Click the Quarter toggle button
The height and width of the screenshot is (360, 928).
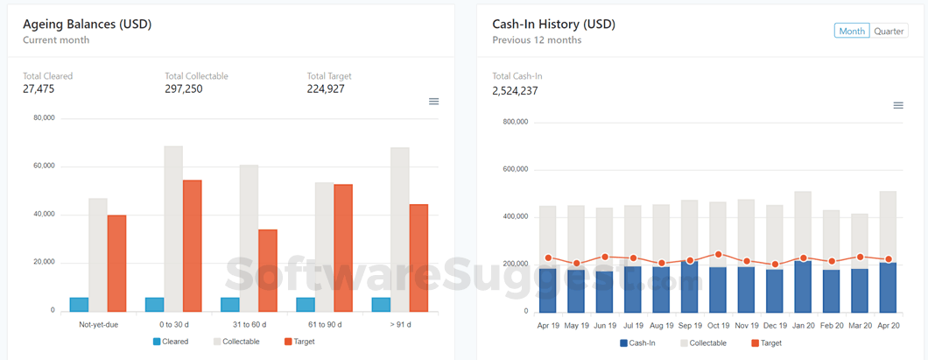point(889,31)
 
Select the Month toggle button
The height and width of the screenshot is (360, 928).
point(852,31)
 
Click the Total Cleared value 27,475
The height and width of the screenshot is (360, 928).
point(39,88)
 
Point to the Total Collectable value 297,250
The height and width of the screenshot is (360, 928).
point(183,88)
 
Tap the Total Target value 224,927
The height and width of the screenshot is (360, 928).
point(327,88)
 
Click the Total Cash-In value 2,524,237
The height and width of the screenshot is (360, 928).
point(515,90)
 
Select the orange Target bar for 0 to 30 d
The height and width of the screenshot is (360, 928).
point(192,245)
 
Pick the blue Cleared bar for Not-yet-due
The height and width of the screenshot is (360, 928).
point(79,304)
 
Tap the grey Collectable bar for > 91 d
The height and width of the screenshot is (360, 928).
point(400,229)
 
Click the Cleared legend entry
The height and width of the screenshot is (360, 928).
point(171,342)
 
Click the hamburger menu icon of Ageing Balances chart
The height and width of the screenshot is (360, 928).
point(433,102)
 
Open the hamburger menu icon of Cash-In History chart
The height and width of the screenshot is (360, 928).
point(897,106)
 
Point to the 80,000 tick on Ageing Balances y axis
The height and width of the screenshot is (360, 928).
point(44,118)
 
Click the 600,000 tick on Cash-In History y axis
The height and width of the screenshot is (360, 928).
point(516,169)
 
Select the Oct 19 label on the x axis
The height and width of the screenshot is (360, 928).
point(718,325)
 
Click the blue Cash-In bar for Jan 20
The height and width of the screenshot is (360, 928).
point(803,286)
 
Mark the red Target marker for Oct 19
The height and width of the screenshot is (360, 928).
point(718,255)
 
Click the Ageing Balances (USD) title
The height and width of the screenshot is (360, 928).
point(87,25)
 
